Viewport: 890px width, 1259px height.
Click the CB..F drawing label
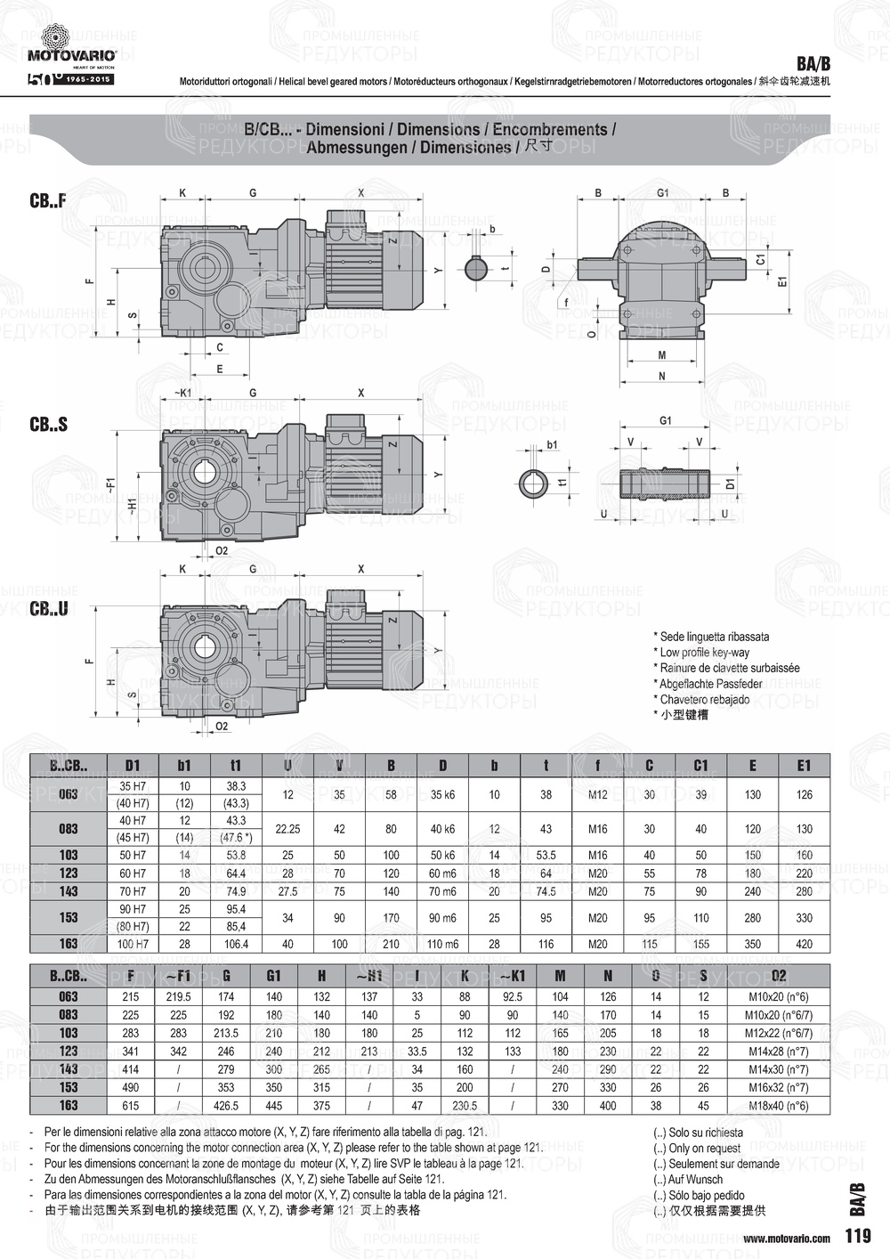tap(48, 201)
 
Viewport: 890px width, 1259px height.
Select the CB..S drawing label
tap(48, 425)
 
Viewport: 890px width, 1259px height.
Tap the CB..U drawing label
tap(48, 609)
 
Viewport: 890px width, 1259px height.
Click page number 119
tap(858, 1236)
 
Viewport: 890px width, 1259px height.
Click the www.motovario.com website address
tap(787, 1238)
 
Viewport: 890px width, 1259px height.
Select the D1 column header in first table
tap(133, 765)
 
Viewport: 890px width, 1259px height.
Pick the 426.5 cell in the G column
tap(226, 1105)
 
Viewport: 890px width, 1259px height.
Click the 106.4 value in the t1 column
tap(236, 944)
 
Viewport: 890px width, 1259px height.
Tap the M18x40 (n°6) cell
tap(779, 1105)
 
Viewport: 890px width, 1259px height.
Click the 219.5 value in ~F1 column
tap(178, 997)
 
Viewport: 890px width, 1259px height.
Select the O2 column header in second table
tap(779, 976)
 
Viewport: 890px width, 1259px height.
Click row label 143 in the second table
tap(69, 1069)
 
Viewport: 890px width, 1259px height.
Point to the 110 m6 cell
tap(442, 944)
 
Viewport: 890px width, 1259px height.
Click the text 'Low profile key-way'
tap(704, 653)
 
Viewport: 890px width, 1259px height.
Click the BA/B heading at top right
tap(813, 64)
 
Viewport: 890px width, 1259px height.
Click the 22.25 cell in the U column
tap(287, 829)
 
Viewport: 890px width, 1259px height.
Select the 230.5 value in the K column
tap(465, 1105)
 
